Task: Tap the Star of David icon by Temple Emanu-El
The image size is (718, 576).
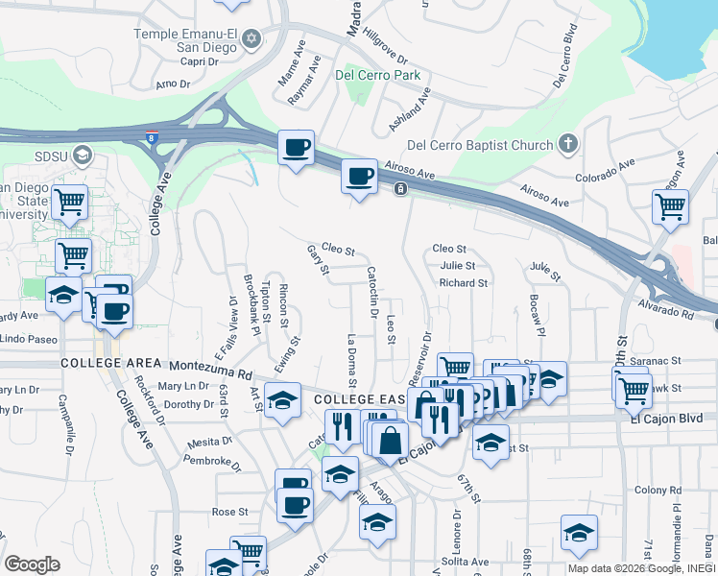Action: (251, 39)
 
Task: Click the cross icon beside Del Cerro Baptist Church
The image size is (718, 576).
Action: (567, 145)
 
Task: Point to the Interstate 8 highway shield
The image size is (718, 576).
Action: (152, 137)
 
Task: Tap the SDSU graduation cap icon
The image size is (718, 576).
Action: (83, 155)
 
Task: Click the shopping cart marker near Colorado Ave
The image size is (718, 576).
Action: (670, 205)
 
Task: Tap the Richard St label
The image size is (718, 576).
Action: (463, 283)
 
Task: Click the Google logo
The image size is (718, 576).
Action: (32, 564)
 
